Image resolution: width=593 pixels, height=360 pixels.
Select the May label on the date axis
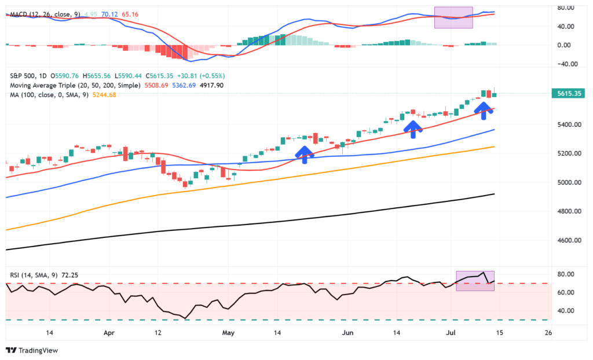(x=228, y=333)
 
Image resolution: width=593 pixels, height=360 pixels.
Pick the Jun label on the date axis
(x=347, y=333)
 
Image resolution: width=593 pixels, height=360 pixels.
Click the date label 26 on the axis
(x=548, y=333)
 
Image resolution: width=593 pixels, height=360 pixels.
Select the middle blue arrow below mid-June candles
(x=412, y=129)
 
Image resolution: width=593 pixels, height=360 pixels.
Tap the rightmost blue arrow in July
(x=484, y=110)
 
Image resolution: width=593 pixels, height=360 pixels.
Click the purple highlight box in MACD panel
(x=453, y=17)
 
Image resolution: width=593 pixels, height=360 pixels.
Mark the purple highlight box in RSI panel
(x=475, y=281)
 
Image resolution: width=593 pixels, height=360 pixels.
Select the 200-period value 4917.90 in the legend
(x=211, y=85)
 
